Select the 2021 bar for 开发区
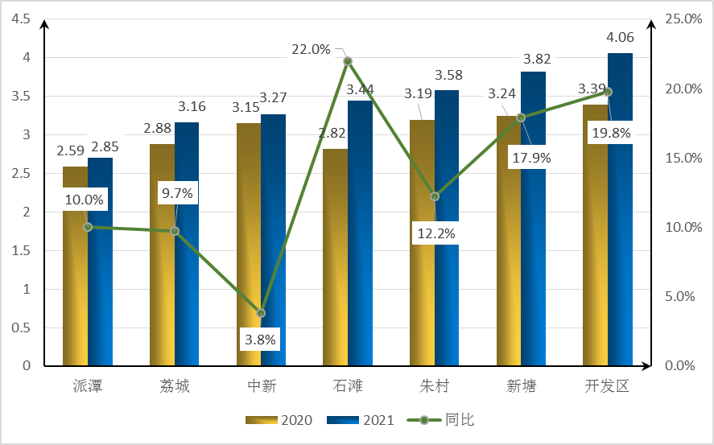click(620, 241)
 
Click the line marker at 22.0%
click(348, 61)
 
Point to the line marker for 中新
click(261, 312)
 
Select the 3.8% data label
click(260, 340)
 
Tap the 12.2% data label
click(435, 234)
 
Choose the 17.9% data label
click(530, 158)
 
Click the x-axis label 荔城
click(175, 386)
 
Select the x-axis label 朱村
click(435, 386)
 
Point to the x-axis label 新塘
click(521, 386)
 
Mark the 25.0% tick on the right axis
click(681, 19)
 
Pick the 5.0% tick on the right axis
click(681, 296)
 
